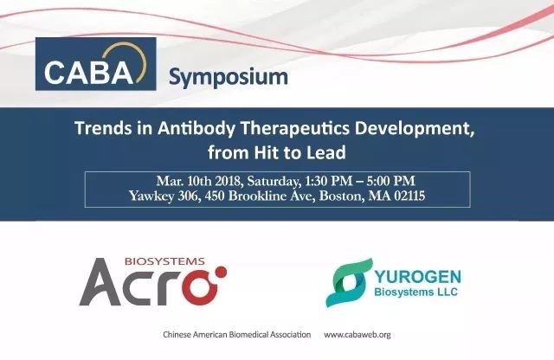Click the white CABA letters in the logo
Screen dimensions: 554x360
pos(88,72)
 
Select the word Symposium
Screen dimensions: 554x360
pos(229,77)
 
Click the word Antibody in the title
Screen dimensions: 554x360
pos(196,128)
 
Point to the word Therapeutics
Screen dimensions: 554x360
pos(294,128)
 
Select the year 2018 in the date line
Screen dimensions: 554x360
pos(228,181)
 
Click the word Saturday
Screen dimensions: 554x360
pos(273,182)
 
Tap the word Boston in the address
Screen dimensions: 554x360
pos(341,196)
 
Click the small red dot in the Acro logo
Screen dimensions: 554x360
pos(222,273)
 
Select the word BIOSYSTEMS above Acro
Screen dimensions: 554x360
pos(164,261)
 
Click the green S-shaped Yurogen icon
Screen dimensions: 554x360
pos(349,282)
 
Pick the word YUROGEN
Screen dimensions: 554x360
pos(417,277)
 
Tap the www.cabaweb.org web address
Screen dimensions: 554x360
pos(358,335)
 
